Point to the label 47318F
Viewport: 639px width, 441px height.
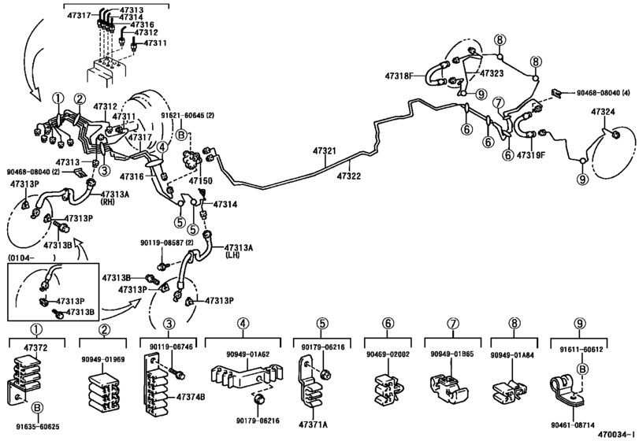[x=400, y=76]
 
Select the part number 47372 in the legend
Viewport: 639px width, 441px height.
[x=35, y=346]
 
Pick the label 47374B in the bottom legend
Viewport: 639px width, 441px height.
[x=191, y=398]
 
